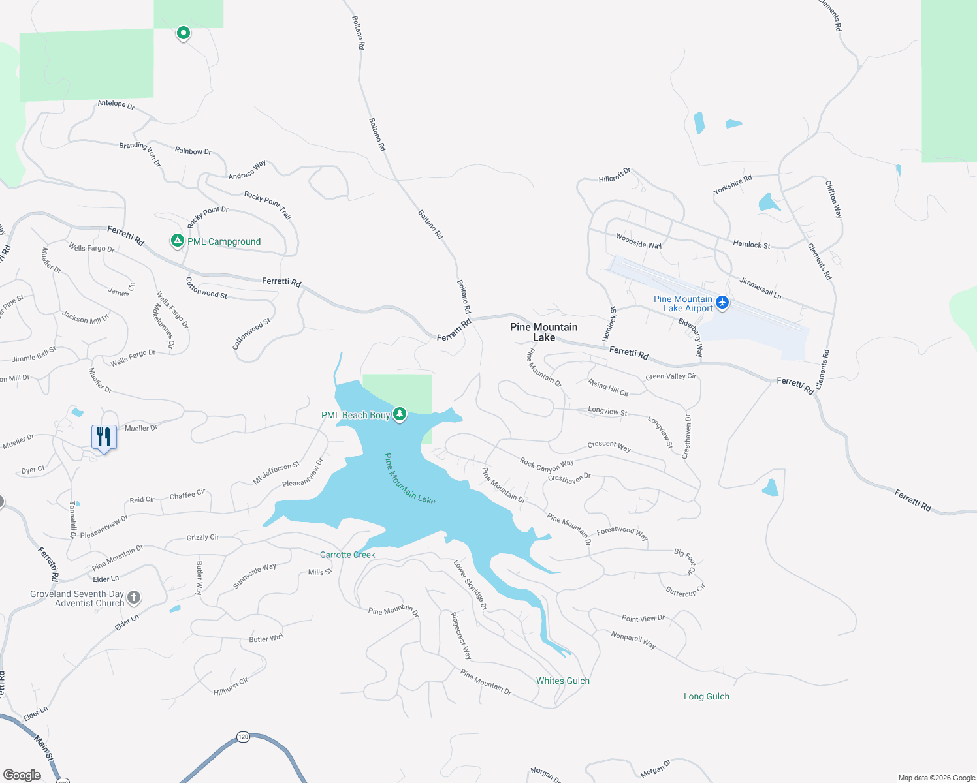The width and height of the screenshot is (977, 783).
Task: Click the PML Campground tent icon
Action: [x=177, y=241]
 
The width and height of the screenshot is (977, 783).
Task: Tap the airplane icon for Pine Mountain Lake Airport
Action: [x=722, y=302]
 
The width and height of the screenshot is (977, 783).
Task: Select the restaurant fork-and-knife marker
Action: [x=104, y=437]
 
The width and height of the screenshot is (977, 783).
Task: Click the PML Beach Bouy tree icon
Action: [x=399, y=414]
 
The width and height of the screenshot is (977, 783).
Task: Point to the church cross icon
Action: [x=133, y=597]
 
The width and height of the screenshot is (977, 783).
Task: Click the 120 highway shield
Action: [x=243, y=737]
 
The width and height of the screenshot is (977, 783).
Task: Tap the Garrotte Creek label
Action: [x=347, y=555]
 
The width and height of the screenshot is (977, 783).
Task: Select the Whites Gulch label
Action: [x=562, y=681]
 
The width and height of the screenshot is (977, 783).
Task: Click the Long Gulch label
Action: [x=706, y=696]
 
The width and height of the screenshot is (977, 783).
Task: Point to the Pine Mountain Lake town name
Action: [x=543, y=331]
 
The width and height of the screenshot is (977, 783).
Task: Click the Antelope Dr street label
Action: [x=116, y=104]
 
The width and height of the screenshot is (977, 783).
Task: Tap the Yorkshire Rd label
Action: [x=732, y=184]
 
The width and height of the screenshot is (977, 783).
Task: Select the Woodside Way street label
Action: [x=639, y=241]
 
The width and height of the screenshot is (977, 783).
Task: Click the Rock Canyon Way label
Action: [x=547, y=465]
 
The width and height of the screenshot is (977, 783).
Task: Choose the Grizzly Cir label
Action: [x=202, y=537]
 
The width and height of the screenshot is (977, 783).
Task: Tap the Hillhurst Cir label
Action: [x=231, y=686]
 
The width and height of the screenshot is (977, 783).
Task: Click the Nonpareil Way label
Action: [x=633, y=639]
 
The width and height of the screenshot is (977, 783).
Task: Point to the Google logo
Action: [x=22, y=775]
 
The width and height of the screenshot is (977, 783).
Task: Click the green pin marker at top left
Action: [x=184, y=33]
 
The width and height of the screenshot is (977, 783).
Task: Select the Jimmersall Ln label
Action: [x=760, y=288]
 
